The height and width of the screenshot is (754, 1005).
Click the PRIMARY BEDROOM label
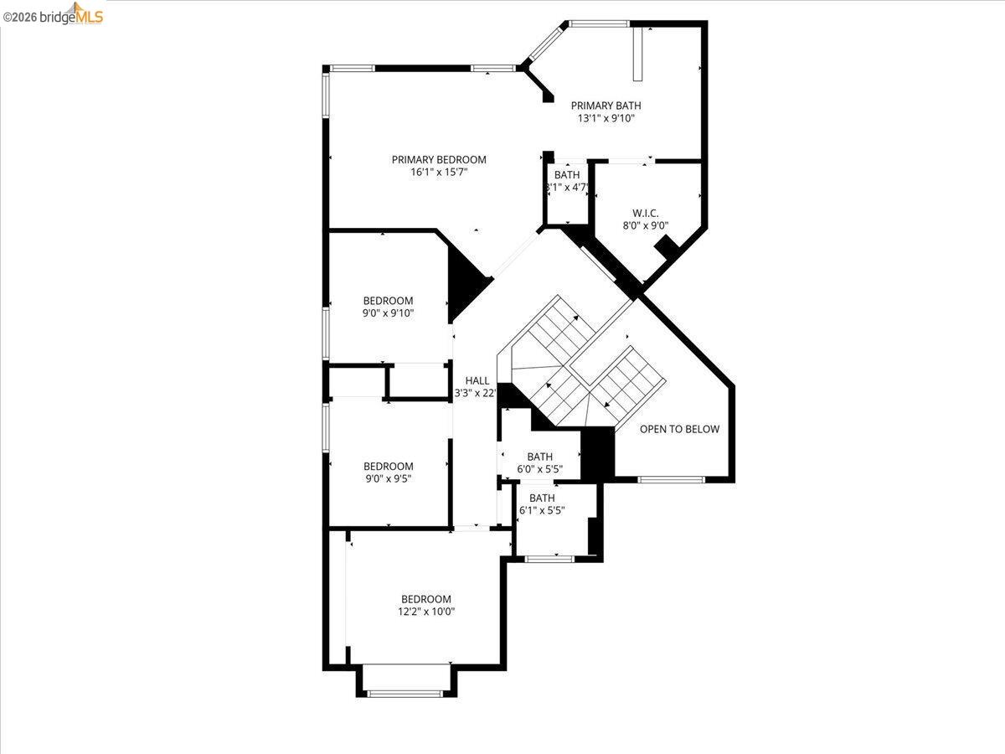point(439,159)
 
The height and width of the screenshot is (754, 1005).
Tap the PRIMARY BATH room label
point(606,106)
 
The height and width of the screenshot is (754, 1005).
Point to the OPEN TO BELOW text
point(679,429)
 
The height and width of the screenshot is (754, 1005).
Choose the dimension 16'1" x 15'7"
point(439,173)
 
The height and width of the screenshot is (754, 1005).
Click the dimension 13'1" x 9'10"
point(606,119)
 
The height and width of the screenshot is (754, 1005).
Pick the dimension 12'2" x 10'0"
point(426,612)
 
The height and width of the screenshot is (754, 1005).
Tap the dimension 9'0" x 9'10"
point(388,313)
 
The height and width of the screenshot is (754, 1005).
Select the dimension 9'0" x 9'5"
point(388,479)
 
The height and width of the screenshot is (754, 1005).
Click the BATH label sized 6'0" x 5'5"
point(539,457)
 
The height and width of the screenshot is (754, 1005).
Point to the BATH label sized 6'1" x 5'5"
point(542,498)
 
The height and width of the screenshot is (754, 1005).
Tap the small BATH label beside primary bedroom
point(567,174)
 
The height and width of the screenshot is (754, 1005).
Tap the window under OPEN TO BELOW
point(672,479)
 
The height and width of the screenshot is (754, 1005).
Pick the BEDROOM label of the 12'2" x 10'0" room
point(426,599)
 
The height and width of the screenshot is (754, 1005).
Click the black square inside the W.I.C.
point(667,247)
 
